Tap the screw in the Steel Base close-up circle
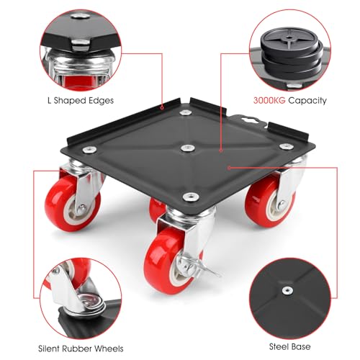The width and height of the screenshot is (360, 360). point(289,289)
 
